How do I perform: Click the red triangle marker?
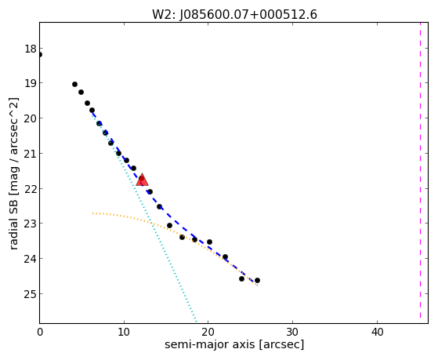pyautogui.click(x=142, y=180)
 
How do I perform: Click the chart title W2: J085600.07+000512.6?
pyautogui.click(x=234, y=15)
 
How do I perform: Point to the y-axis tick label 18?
pyautogui.click(x=31, y=49)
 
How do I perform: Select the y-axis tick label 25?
pyautogui.click(x=31, y=294)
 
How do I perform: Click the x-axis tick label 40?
pyautogui.click(x=377, y=333)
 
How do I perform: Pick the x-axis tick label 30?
pyautogui.click(x=292, y=333)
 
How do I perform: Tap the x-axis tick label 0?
pyautogui.click(x=40, y=333)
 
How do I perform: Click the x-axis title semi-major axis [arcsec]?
pyautogui.click(x=234, y=344)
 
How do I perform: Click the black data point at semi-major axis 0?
pyautogui.click(x=40, y=55)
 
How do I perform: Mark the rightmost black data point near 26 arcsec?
pyautogui.click(x=257, y=280)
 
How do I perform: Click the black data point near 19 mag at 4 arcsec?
pyautogui.click(x=74, y=84)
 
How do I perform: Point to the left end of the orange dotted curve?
pyautogui.click(x=92, y=213)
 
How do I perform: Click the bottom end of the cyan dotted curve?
pyautogui.click(x=197, y=322)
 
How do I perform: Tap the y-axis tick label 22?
pyautogui.click(x=31, y=189)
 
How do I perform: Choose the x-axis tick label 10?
pyautogui.click(x=124, y=333)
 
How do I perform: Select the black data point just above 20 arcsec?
pyautogui.click(x=209, y=242)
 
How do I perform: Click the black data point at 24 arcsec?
pyautogui.click(x=241, y=279)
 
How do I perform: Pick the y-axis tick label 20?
pyautogui.click(x=31, y=118)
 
